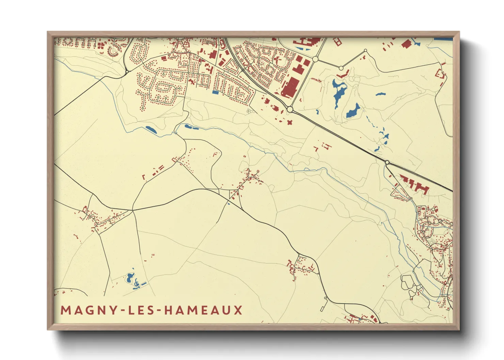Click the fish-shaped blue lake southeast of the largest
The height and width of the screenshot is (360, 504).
(x=353, y=111)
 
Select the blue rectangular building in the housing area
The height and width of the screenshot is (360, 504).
(x=215, y=92)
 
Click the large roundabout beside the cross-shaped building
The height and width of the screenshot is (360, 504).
(x=290, y=109)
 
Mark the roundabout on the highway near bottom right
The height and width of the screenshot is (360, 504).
(x=387, y=162)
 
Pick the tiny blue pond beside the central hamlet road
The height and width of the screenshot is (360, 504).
(x=229, y=203)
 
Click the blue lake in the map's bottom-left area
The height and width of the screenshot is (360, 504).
(x=130, y=278)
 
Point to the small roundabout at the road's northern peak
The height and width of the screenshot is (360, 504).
(x=365, y=51)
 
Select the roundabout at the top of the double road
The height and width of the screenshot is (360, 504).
(x=315, y=59)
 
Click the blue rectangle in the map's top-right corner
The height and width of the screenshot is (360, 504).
(x=443, y=39)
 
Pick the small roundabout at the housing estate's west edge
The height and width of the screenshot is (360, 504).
(x=127, y=71)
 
